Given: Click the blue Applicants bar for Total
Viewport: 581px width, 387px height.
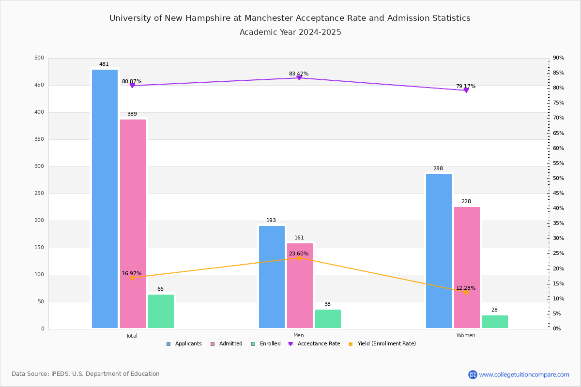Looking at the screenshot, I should pos(105,198).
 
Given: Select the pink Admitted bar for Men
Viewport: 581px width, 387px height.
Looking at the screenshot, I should pos(300,285).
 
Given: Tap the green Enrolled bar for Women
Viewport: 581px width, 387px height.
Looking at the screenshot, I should pos(495,322).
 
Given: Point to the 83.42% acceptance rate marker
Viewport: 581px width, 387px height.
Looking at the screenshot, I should pos(299,78).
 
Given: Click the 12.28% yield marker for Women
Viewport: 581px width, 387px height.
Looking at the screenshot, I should pos(466,292).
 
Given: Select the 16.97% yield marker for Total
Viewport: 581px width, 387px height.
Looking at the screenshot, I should pos(132,278).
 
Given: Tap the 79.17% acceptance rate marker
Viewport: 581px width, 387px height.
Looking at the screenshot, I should pos(466,90).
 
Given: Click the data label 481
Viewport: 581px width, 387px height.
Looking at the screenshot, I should pos(104,64).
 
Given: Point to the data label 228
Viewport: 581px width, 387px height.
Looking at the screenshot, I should pos(466,201).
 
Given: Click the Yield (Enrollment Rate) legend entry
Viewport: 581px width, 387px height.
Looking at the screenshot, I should pos(386,344).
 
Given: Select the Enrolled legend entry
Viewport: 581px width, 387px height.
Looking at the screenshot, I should pos(269,344).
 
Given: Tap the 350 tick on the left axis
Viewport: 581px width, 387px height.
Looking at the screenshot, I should pos(39,139).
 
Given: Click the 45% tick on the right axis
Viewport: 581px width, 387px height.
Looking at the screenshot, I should pos(558,193).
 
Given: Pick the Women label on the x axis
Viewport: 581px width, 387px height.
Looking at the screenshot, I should pos(466,336).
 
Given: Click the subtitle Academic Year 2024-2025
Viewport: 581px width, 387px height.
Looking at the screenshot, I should pos(290,32).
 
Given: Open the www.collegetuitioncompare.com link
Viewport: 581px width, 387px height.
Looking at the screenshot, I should pos(524,374).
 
